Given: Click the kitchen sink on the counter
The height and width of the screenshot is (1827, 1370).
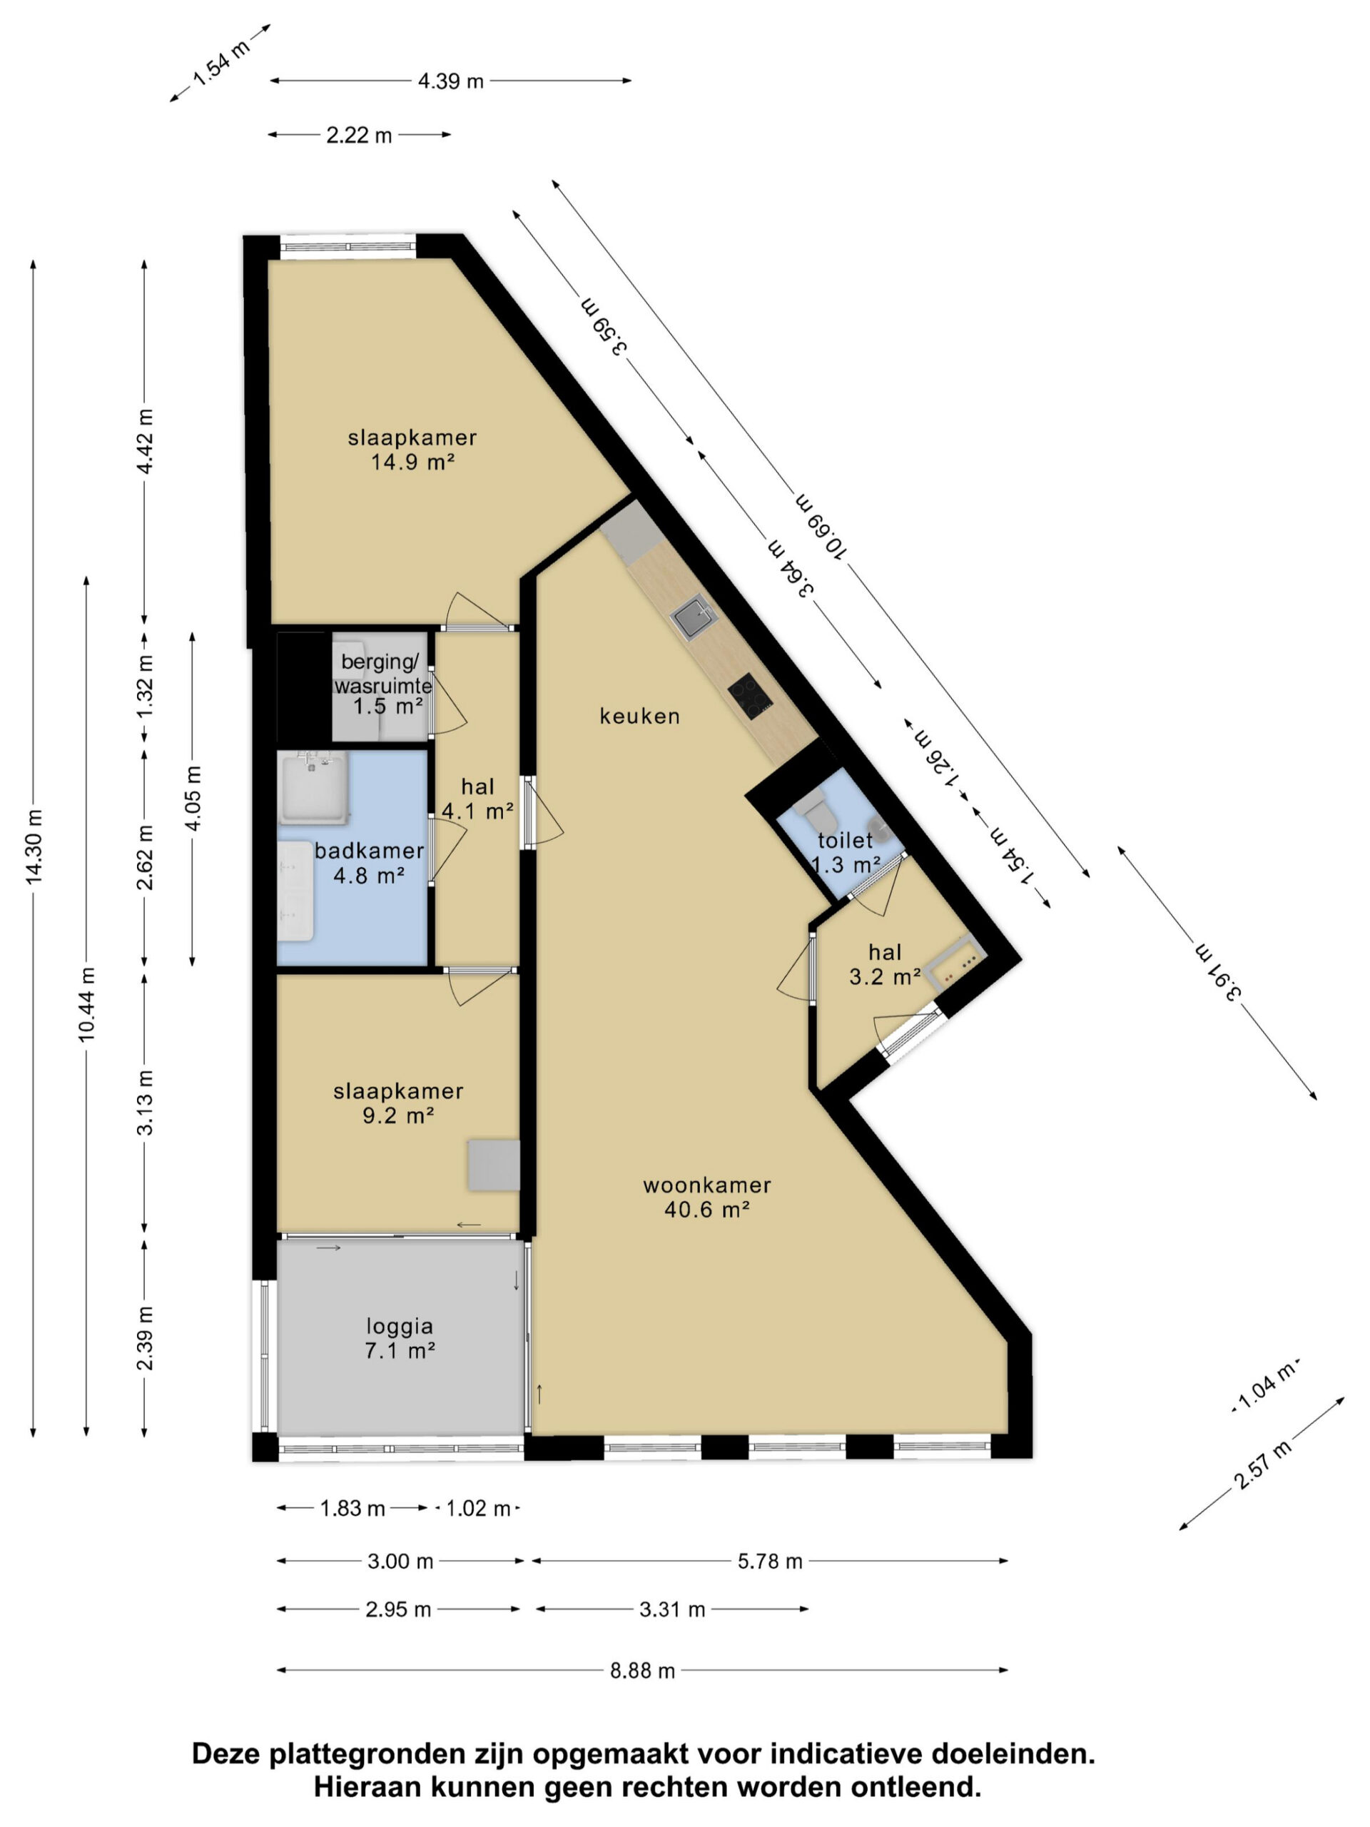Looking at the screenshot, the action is (694, 617).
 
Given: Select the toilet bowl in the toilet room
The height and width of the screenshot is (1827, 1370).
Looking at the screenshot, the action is (816, 809).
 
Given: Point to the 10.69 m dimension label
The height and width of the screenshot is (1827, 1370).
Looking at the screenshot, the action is (820, 525).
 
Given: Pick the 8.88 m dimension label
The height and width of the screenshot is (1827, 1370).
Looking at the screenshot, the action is (642, 1671).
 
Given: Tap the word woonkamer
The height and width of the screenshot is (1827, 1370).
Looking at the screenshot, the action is (707, 1185).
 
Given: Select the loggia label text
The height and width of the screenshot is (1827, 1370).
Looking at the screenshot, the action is (400, 1327).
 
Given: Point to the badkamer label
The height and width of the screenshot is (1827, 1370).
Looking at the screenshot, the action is (369, 851).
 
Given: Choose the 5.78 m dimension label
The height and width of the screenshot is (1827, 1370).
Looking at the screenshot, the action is (770, 1561).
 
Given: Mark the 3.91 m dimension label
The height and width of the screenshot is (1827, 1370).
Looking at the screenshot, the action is (1219, 972).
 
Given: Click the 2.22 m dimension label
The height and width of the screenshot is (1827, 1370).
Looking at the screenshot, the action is (359, 136).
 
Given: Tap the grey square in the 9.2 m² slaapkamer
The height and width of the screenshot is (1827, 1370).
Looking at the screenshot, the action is (494, 1165).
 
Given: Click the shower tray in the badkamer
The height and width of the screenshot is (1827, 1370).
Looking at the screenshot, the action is (313, 788).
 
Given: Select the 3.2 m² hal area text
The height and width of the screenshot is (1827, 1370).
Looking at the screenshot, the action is (884, 978).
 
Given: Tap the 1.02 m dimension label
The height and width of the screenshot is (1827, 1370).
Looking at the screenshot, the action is (478, 1509).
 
